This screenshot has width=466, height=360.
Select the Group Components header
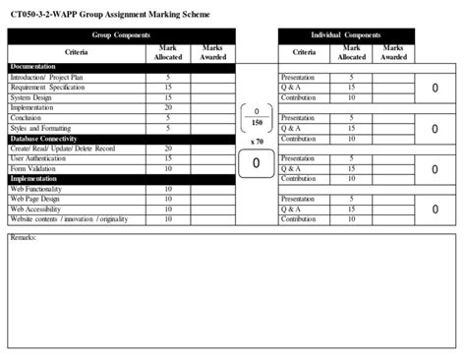121,34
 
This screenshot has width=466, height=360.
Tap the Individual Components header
345,34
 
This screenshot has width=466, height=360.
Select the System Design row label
32,97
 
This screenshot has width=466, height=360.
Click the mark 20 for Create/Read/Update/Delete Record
168,149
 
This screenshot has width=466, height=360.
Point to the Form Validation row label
35,168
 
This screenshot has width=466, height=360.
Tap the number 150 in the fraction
256,124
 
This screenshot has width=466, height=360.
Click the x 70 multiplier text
256,143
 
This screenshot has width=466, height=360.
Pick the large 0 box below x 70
256,163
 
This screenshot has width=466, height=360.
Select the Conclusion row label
29,118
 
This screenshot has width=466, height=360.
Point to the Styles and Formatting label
41,128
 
